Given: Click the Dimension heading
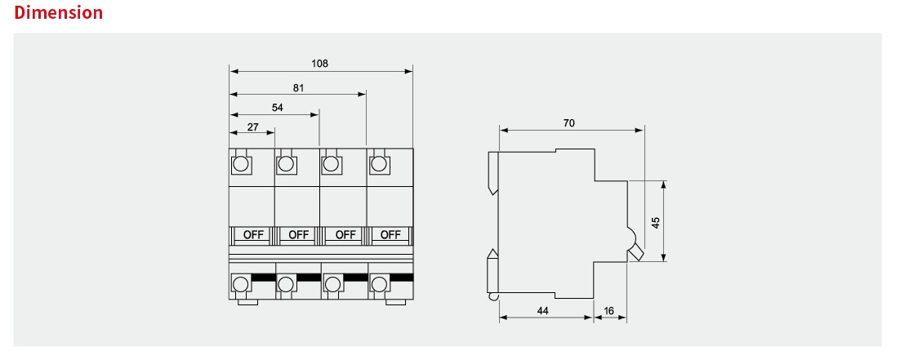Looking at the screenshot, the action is (x=59, y=12).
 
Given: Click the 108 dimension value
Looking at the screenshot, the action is (x=319, y=63).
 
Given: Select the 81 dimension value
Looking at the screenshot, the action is (x=298, y=88).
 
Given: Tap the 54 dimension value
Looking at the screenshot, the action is (x=278, y=107).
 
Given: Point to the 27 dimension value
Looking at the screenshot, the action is (x=253, y=127).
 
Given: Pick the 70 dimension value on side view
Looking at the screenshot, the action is (x=568, y=123).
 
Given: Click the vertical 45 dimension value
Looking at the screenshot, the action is (x=656, y=223).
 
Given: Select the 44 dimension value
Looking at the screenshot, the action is (x=542, y=311).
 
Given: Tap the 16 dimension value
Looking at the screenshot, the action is (x=608, y=311).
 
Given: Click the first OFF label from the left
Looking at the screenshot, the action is (x=253, y=235).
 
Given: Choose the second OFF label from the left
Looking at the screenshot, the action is (x=299, y=235).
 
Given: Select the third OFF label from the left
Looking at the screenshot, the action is (x=345, y=235).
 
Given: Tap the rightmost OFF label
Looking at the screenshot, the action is (x=390, y=235).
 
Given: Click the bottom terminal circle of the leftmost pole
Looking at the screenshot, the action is (x=240, y=284).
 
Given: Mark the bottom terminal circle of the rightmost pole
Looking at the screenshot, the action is (x=379, y=284).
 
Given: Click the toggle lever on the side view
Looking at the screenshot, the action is (x=636, y=252).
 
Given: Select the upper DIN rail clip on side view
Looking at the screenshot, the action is (x=493, y=173).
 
